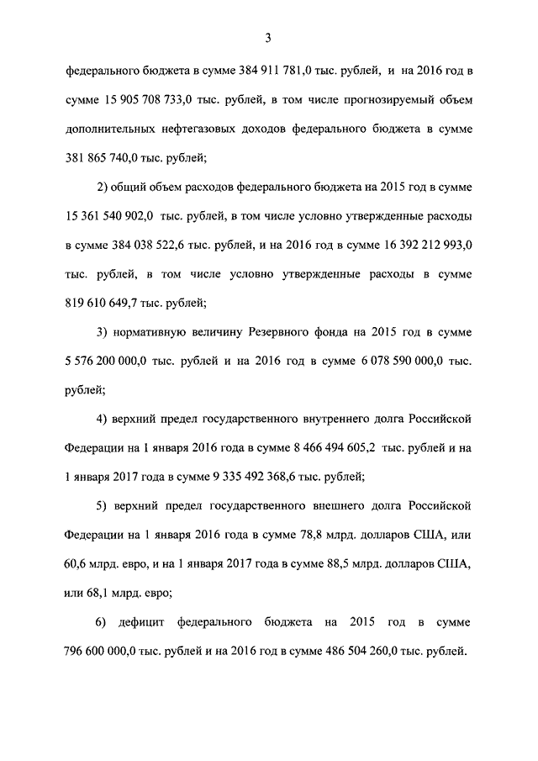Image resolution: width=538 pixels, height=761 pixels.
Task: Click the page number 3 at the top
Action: coord(268,36)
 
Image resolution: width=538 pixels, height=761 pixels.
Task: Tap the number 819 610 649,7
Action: coord(103,304)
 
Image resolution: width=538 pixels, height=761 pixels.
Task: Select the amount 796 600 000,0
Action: coord(108,652)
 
